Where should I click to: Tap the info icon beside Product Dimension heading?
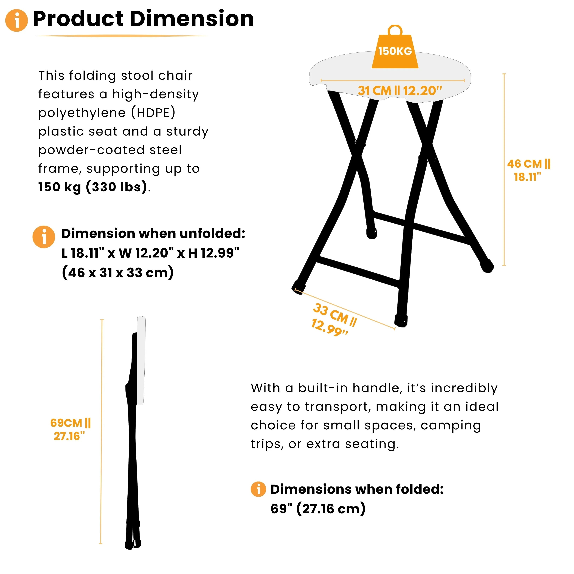pyautogui.click(x=17, y=20)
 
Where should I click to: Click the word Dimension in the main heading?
pyautogui.click(x=192, y=19)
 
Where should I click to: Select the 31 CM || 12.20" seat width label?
pyautogui.click(x=400, y=91)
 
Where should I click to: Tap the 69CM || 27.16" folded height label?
pyautogui.click(x=70, y=429)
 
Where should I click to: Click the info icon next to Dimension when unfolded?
pyautogui.click(x=44, y=237)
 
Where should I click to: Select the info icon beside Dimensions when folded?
pyautogui.click(x=258, y=489)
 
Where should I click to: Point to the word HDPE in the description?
pyautogui.click(x=153, y=113)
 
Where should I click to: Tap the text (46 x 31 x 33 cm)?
pyautogui.click(x=118, y=272)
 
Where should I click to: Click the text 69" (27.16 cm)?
pyautogui.click(x=318, y=509)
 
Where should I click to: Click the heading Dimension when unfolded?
pyautogui.click(x=153, y=233)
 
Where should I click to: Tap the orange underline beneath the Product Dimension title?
pyautogui.click(x=122, y=36)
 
